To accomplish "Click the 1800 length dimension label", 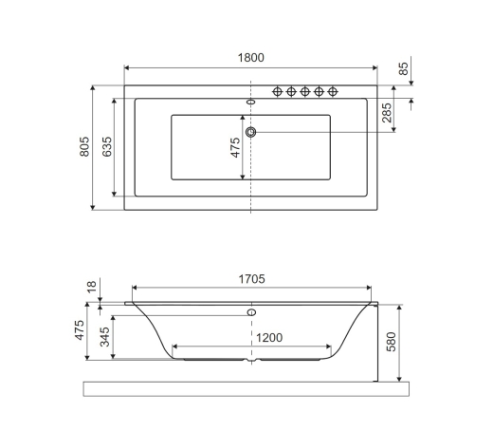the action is (250, 58).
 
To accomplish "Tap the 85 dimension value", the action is (403, 68).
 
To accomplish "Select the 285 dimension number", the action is (387, 113).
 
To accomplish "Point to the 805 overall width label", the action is (84, 146).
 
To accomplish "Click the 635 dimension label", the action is (107, 146).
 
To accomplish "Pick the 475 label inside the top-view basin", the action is (235, 147).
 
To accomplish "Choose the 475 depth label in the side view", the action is (80, 330).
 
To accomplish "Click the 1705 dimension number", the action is (251, 279).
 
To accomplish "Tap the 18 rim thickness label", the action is (91, 287).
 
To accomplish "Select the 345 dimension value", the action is (105, 337).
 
